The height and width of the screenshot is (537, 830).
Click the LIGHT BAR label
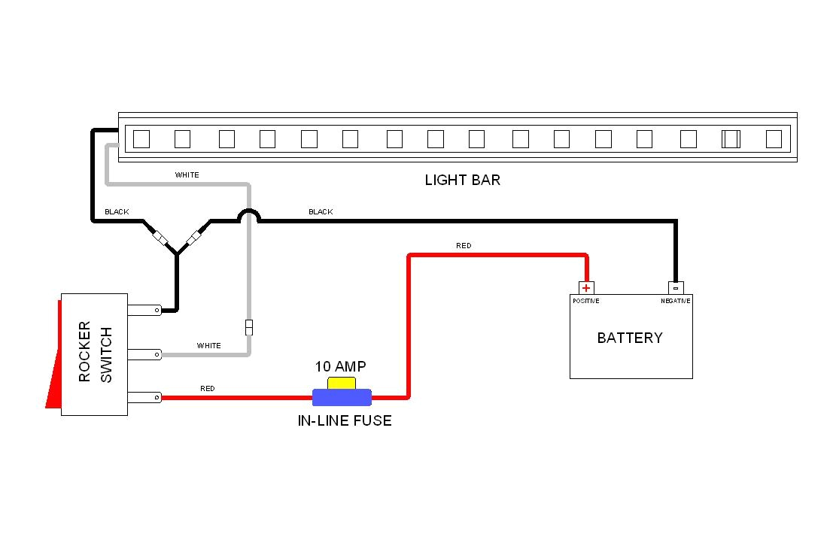[462, 180]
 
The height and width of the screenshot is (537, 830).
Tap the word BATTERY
[630, 338]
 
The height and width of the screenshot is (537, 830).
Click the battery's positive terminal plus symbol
[586, 288]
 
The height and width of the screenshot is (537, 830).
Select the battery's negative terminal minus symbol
[676, 288]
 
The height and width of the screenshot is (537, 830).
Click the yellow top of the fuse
[342, 383]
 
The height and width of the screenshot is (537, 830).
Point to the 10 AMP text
[341, 367]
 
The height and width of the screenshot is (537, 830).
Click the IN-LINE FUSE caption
[345, 420]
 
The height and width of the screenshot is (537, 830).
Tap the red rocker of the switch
[53, 361]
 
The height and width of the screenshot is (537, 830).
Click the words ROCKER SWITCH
[95, 353]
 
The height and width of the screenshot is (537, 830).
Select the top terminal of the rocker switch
[144, 309]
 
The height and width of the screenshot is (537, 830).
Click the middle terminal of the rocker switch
[144, 353]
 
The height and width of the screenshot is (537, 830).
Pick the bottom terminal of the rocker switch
[144, 397]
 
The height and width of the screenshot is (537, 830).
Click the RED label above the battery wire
[464, 246]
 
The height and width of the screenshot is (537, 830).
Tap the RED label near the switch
[207, 389]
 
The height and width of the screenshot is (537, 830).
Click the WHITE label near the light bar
[187, 175]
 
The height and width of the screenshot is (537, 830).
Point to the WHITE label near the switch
[209, 346]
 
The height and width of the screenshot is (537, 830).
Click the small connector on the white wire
[249, 327]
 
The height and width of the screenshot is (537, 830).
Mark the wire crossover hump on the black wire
[249, 216]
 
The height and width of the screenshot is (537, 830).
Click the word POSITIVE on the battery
[585, 301]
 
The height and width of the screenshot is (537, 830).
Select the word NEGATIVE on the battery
[676, 301]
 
